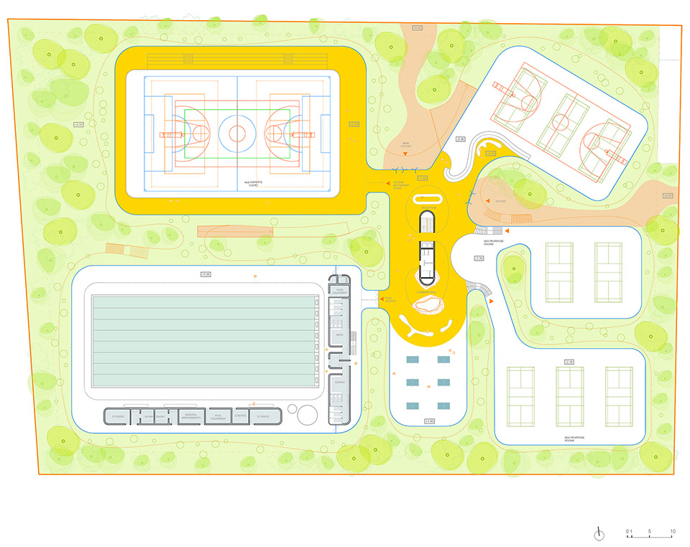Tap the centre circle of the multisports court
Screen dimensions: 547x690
tap(236, 132)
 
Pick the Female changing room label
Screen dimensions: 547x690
tap(339, 382)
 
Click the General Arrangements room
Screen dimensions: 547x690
tap(190, 416)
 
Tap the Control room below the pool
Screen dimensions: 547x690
tap(241, 416)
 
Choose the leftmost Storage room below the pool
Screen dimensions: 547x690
tap(119, 416)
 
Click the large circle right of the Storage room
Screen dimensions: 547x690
tap(307, 415)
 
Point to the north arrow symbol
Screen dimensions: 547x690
tap(599, 533)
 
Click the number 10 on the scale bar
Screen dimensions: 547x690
tap(673, 532)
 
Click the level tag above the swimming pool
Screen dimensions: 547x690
tap(206, 274)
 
